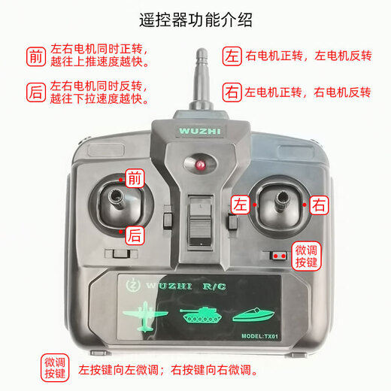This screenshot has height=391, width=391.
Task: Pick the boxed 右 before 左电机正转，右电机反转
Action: [232, 92]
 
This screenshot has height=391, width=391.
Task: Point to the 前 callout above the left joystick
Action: [134, 179]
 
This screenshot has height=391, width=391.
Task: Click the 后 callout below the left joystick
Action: [134, 235]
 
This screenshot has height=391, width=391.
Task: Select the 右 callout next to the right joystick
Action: [320, 204]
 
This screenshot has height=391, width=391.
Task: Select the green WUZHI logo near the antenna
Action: [199, 129]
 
